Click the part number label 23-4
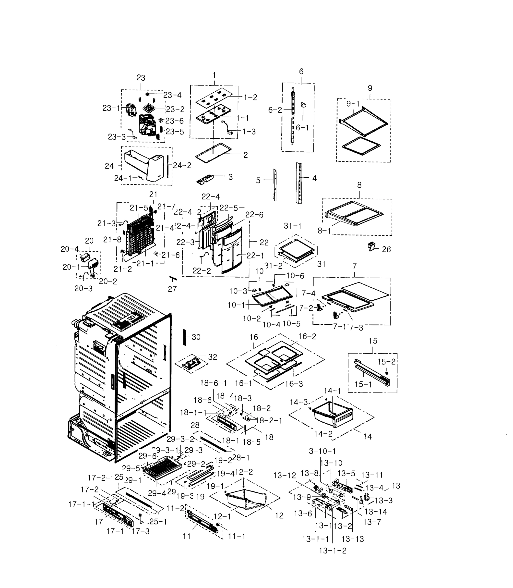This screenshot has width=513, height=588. [x=172, y=95]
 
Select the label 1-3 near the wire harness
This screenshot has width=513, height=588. [x=249, y=132]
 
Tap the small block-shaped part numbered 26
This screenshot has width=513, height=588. [x=371, y=246]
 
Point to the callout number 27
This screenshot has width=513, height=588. [x=172, y=289]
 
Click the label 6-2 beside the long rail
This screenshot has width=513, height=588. [x=275, y=110]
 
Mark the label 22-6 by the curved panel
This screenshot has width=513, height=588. [x=254, y=215]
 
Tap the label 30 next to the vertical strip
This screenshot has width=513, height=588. [x=196, y=337]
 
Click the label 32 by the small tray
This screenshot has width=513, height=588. [x=213, y=357]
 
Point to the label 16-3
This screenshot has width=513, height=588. [x=294, y=384]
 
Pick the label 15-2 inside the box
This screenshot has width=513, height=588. [x=386, y=362]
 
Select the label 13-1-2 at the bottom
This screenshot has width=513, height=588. [x=333, y=551]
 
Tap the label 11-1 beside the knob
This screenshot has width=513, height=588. [x=237, y=536]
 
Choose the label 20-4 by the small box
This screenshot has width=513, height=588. [x=69, y=249]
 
